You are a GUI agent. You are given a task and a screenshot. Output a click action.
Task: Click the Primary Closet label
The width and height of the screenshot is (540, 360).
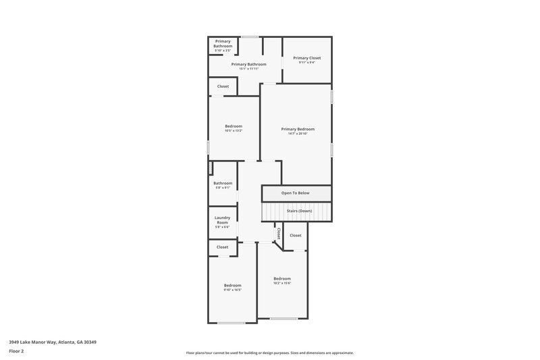[306, 58]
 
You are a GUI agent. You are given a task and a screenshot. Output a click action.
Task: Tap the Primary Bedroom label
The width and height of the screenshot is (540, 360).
[298, 129]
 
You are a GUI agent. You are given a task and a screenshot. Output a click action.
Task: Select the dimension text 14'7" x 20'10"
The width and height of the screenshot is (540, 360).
[298, 134]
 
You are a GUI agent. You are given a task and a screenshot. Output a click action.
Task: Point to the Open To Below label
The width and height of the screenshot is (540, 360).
[296, 193]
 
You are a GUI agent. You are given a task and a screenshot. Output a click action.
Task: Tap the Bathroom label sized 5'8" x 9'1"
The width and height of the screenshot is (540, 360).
[223, 183]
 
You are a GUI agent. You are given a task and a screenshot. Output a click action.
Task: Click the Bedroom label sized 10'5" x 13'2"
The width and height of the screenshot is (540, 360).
[234, 126]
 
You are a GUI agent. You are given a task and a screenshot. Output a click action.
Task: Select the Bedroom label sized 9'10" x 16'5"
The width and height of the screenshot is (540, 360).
[232, 286]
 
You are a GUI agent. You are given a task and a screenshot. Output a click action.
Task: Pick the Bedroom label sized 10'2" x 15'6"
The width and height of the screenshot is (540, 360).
[282, 279]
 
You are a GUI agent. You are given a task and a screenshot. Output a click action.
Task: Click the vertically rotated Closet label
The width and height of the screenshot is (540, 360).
[278, 233]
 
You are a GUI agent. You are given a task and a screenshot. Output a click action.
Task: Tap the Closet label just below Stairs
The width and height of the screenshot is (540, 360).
[296, 236]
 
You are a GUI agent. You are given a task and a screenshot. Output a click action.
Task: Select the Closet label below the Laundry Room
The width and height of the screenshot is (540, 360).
[223, 247]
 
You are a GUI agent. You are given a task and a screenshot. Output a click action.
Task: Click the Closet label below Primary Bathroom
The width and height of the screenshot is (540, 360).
[223, 86]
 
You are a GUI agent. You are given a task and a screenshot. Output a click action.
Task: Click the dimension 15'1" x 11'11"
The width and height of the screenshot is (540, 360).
[248, 69]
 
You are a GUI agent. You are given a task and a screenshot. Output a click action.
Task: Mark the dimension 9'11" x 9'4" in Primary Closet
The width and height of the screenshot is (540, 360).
[306, 63]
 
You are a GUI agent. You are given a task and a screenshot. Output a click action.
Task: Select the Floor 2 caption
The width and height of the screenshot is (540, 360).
[16, 351]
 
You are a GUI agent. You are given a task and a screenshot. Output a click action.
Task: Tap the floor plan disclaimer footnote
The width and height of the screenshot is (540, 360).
[269, 353]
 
